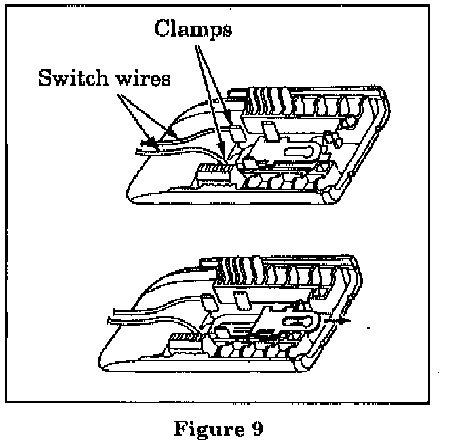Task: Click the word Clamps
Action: pyautogui.click(x=193, y=29)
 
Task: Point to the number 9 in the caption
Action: pyautogui.click(x=254, y=430)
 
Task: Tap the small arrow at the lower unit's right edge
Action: pyautogui.click(x=346, y=319)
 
